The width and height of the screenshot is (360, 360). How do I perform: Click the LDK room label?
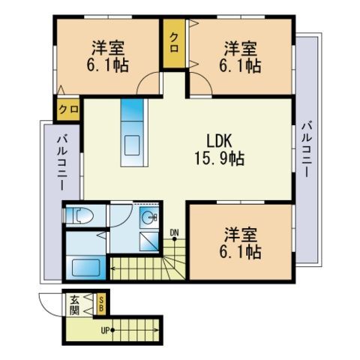point(219,140)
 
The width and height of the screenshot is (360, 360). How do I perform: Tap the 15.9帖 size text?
point(219,158)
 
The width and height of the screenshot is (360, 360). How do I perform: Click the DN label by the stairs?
point(174,232)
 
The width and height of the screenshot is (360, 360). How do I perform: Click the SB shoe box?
point(101,304)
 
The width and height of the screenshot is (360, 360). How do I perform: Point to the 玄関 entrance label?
point(74,305)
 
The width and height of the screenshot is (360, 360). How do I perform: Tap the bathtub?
point(85,268)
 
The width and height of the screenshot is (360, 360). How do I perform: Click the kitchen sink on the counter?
point(132,145)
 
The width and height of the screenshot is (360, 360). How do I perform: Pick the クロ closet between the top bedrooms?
point(174,43)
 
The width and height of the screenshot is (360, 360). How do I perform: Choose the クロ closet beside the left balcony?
point(68,109)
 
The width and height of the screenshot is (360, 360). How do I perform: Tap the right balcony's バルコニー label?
point(307,149)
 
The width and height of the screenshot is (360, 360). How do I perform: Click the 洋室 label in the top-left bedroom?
point(108,49)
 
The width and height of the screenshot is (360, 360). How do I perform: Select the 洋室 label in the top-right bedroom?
point(241,49)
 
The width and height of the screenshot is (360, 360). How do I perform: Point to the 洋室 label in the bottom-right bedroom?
point(241,235)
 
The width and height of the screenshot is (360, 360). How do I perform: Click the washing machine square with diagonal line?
point(149,241)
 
